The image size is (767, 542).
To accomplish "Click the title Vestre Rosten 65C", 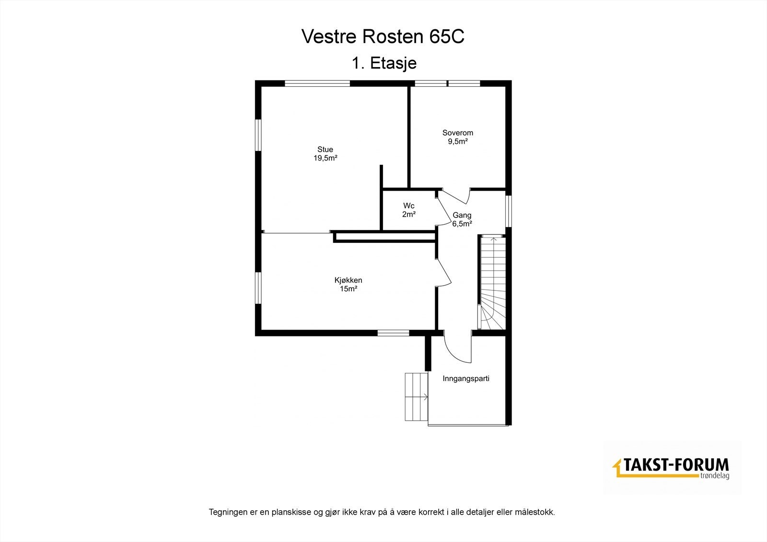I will tap(383, 37).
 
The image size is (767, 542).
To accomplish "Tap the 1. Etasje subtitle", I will tap(383, 63).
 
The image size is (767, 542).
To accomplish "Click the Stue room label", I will tap(325, 150).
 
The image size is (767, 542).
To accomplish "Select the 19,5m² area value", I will tap(325, 159).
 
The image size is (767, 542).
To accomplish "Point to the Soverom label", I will tap(457, 133).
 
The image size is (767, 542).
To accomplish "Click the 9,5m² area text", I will tap(457, 141).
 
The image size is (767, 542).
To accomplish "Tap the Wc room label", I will tap(408, 206).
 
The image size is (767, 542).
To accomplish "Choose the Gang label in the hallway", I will tap(462, 215).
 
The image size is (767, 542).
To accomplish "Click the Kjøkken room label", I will tap(348, 280).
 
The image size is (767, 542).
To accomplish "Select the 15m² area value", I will tap(349, 289).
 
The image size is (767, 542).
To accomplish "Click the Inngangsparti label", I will tap(466, 379).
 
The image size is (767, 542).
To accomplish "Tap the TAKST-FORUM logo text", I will tap(676, 465).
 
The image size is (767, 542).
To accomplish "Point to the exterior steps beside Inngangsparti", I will tap(416, 397).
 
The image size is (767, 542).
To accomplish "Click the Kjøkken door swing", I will tap(443, 273).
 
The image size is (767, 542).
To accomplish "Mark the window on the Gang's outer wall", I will tap(509, 209).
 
